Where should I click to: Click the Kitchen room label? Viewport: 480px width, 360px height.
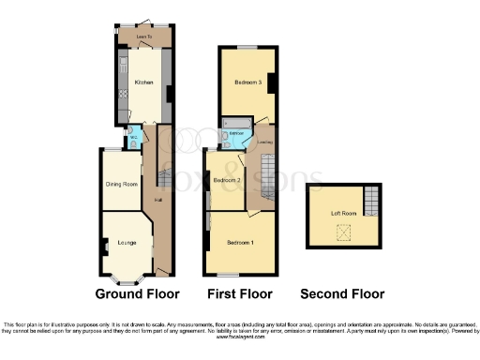click(143, 82)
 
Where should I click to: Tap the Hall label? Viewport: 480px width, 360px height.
click(158, 198)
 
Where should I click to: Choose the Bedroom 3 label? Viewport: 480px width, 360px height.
click(246, 83)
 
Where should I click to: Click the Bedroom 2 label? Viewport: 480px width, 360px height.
click(228, 180)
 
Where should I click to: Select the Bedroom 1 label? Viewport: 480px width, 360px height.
click(240, 243)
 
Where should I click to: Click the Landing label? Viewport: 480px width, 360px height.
click(265, 142)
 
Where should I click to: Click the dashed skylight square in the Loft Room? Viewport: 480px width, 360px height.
click(344, 232)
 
